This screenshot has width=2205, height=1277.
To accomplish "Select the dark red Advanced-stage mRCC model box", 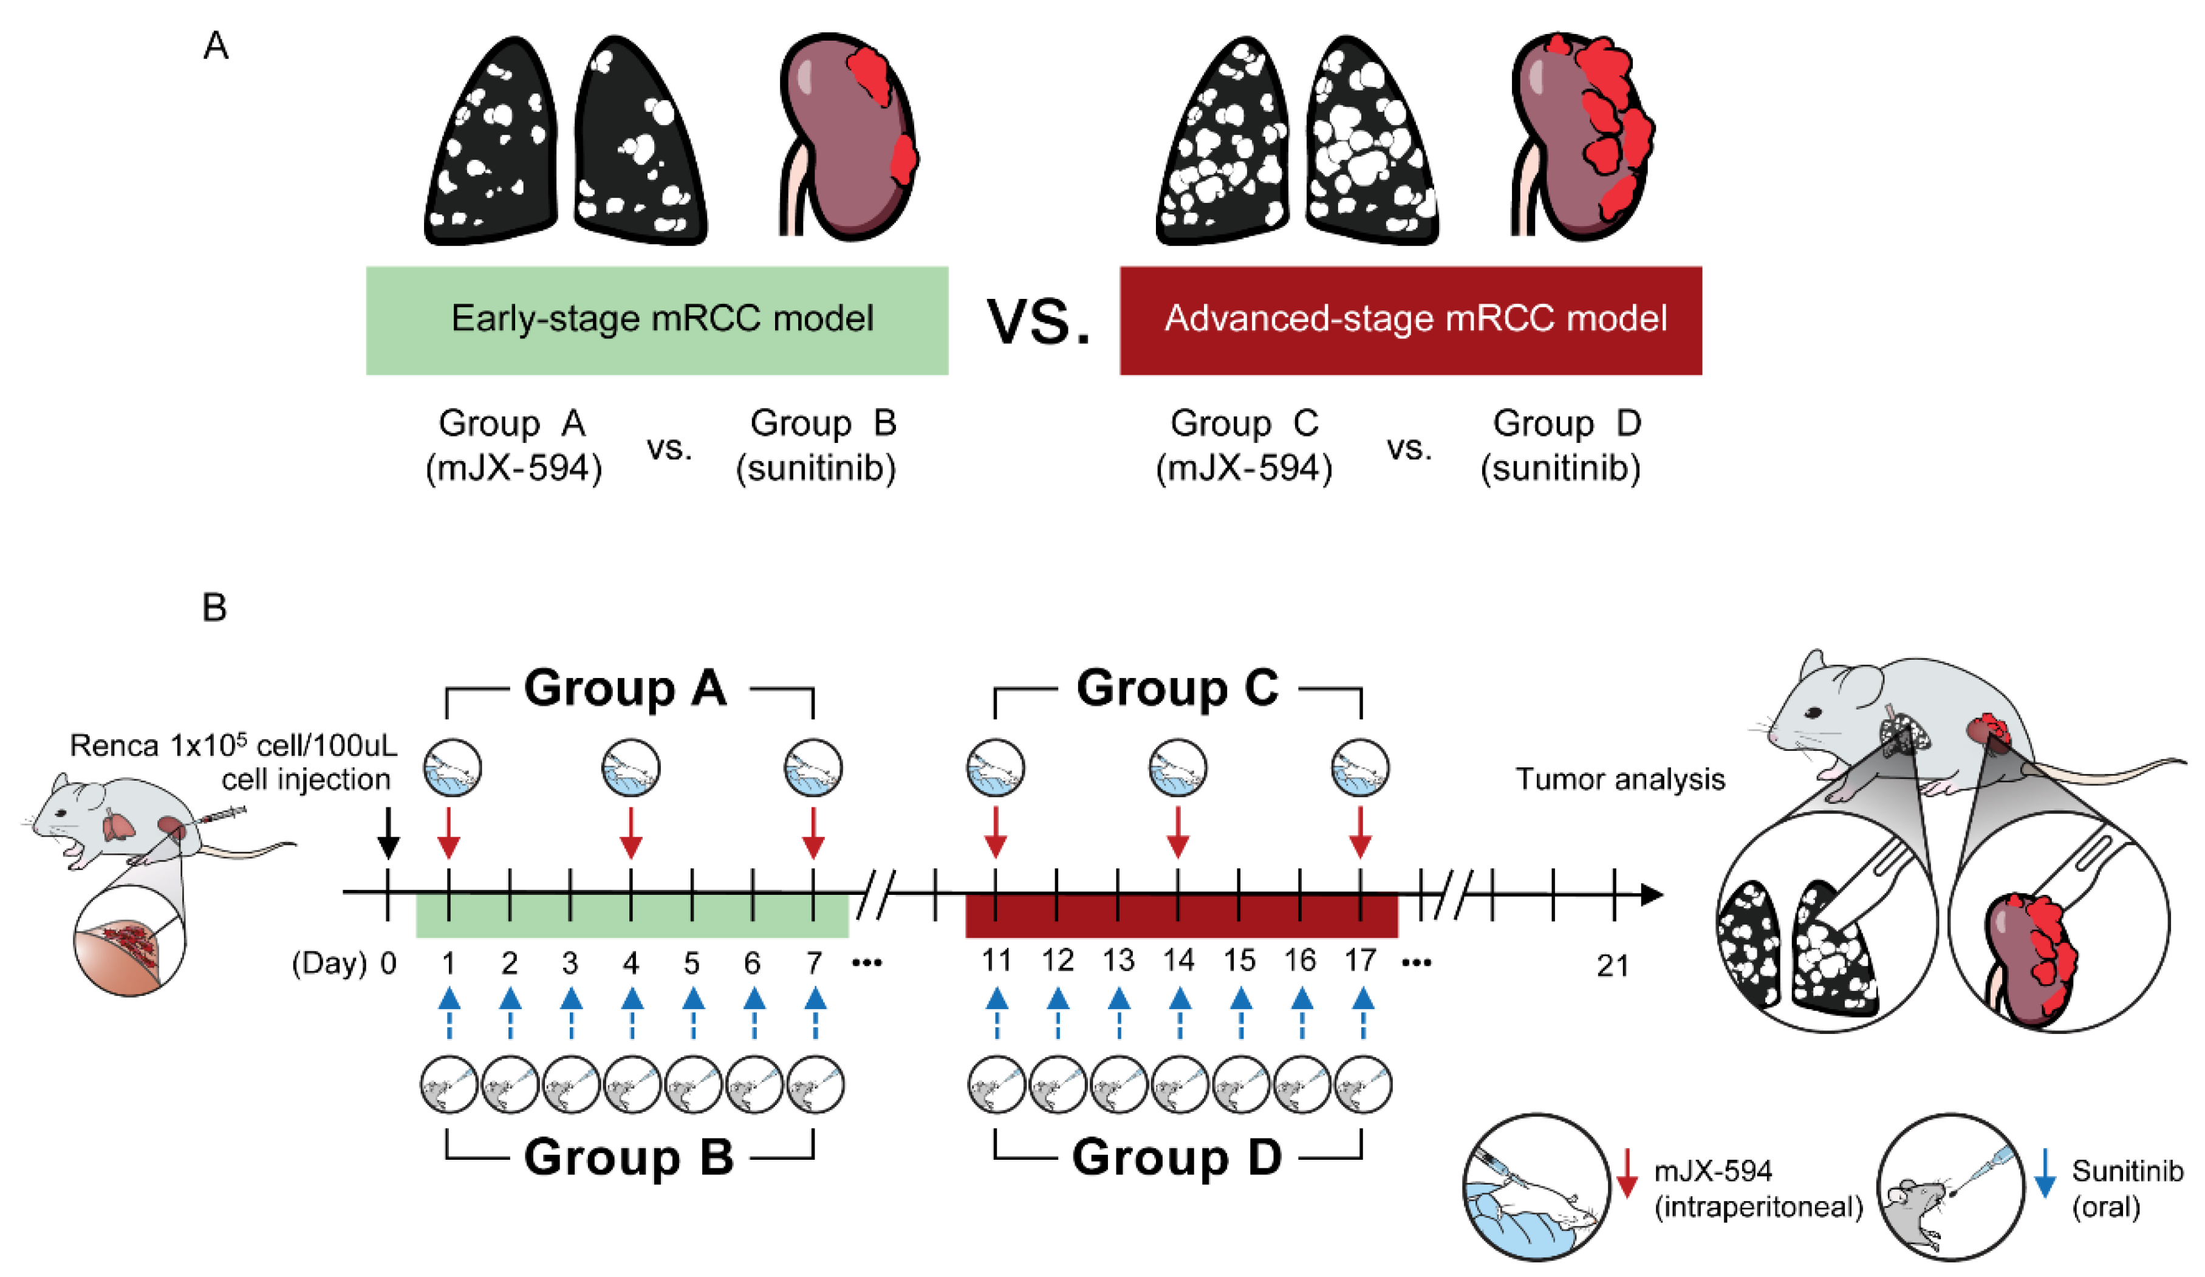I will (1410, 320).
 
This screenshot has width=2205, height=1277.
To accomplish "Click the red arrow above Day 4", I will (631, 834).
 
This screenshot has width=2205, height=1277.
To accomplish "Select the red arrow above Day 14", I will (1178, 834).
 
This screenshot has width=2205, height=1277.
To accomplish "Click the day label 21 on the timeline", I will (1613, 967).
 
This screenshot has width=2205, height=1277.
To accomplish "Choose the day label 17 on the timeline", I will (1359, 961).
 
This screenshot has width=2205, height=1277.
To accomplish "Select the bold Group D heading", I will (1177, 1157).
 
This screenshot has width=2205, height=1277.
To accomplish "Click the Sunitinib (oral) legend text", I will (2125, 1188).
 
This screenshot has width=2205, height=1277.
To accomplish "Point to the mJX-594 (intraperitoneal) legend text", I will (1757, 1188).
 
